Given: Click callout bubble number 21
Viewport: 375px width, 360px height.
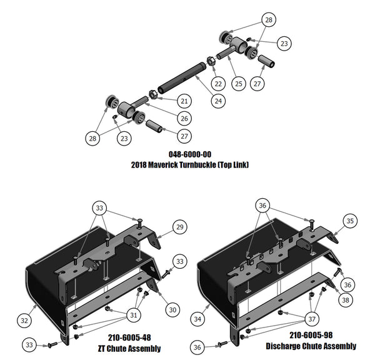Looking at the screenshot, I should (184, 101).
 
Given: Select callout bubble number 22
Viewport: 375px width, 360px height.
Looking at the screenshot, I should (217, 83).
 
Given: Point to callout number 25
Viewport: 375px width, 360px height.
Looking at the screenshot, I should (237, 82).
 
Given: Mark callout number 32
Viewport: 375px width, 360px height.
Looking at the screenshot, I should (24, 320).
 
